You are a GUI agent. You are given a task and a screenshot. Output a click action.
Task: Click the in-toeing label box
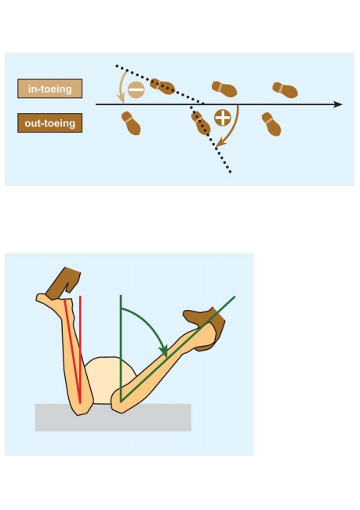coord(49,89)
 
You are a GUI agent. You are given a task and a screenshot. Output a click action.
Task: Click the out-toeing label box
coord(49,123)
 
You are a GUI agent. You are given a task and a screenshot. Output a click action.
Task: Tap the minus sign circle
coord(136,89)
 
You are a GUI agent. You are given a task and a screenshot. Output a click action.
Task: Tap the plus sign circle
coord(223,118)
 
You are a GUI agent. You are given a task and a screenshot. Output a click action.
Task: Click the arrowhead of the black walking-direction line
coord(337,104)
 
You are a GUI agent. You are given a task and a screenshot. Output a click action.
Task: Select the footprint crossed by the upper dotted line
coord(162,86)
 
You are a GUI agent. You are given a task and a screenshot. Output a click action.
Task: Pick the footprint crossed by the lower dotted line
coord(201,123)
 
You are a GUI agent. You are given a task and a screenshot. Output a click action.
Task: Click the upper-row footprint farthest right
coord(285,90)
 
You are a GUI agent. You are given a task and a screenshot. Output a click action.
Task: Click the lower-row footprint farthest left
coord(131,123)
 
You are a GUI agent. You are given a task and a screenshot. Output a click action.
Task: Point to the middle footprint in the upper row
coord(224,89)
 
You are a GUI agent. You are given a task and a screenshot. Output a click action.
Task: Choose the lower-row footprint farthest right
coord(271,124)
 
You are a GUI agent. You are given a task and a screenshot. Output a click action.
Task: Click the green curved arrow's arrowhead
coord(164,352)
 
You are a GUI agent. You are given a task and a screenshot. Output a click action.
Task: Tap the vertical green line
coord(121,348)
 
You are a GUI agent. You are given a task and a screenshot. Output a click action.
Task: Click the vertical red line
coord(80,349)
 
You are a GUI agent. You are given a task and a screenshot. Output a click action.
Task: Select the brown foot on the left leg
coord(64,283)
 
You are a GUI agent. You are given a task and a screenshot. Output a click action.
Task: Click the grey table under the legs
coord(113,417)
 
